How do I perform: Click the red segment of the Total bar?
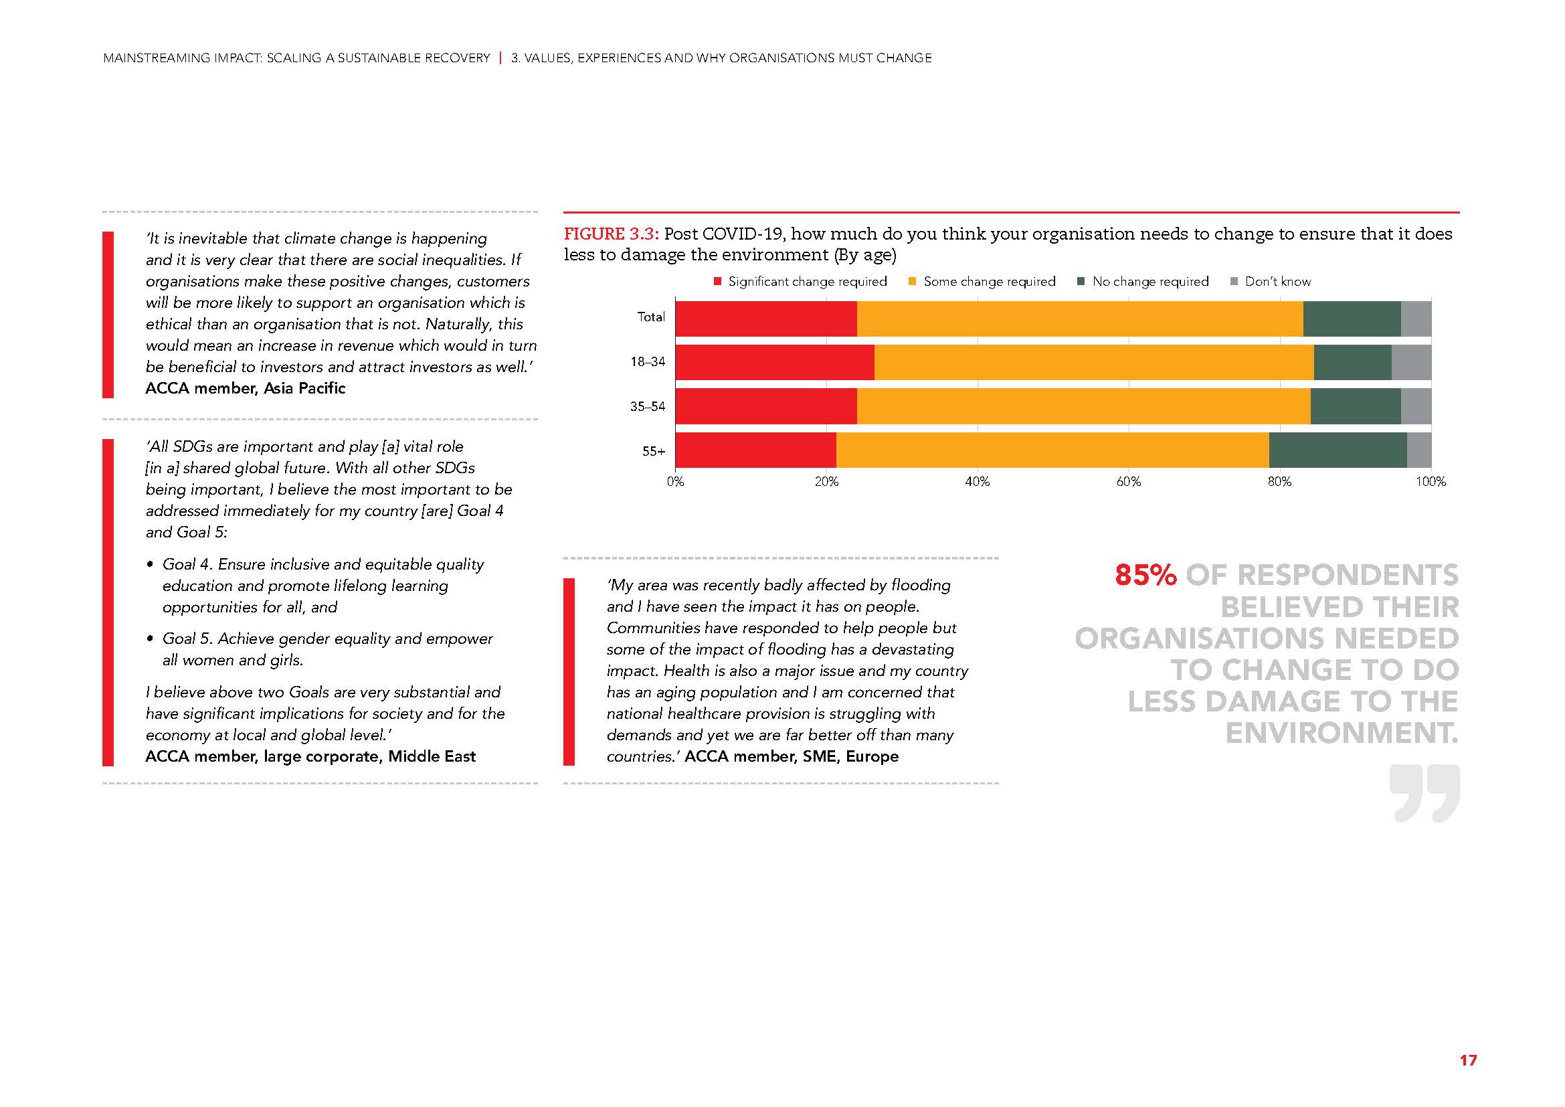[x=765, y=319]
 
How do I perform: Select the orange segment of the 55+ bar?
[x=1052, y=450]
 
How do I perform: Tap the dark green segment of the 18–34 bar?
[x=1352, y=362]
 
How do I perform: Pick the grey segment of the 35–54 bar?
[x=1416, y=406]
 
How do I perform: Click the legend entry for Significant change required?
[x=800, y=282]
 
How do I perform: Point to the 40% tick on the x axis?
[x=977, y=482]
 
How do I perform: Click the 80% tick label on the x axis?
[x=1279, y=482]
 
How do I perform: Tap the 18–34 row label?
[x=647, y=362]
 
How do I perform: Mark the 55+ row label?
[x=653, y=451]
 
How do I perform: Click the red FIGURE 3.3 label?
[x=611, y=234]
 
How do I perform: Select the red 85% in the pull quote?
[x=1145, y=576]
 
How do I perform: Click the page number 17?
[x=1467, y=1060]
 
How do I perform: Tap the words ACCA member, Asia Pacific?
[x=246, y=389]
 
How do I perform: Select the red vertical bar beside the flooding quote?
[x=569, y=671]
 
